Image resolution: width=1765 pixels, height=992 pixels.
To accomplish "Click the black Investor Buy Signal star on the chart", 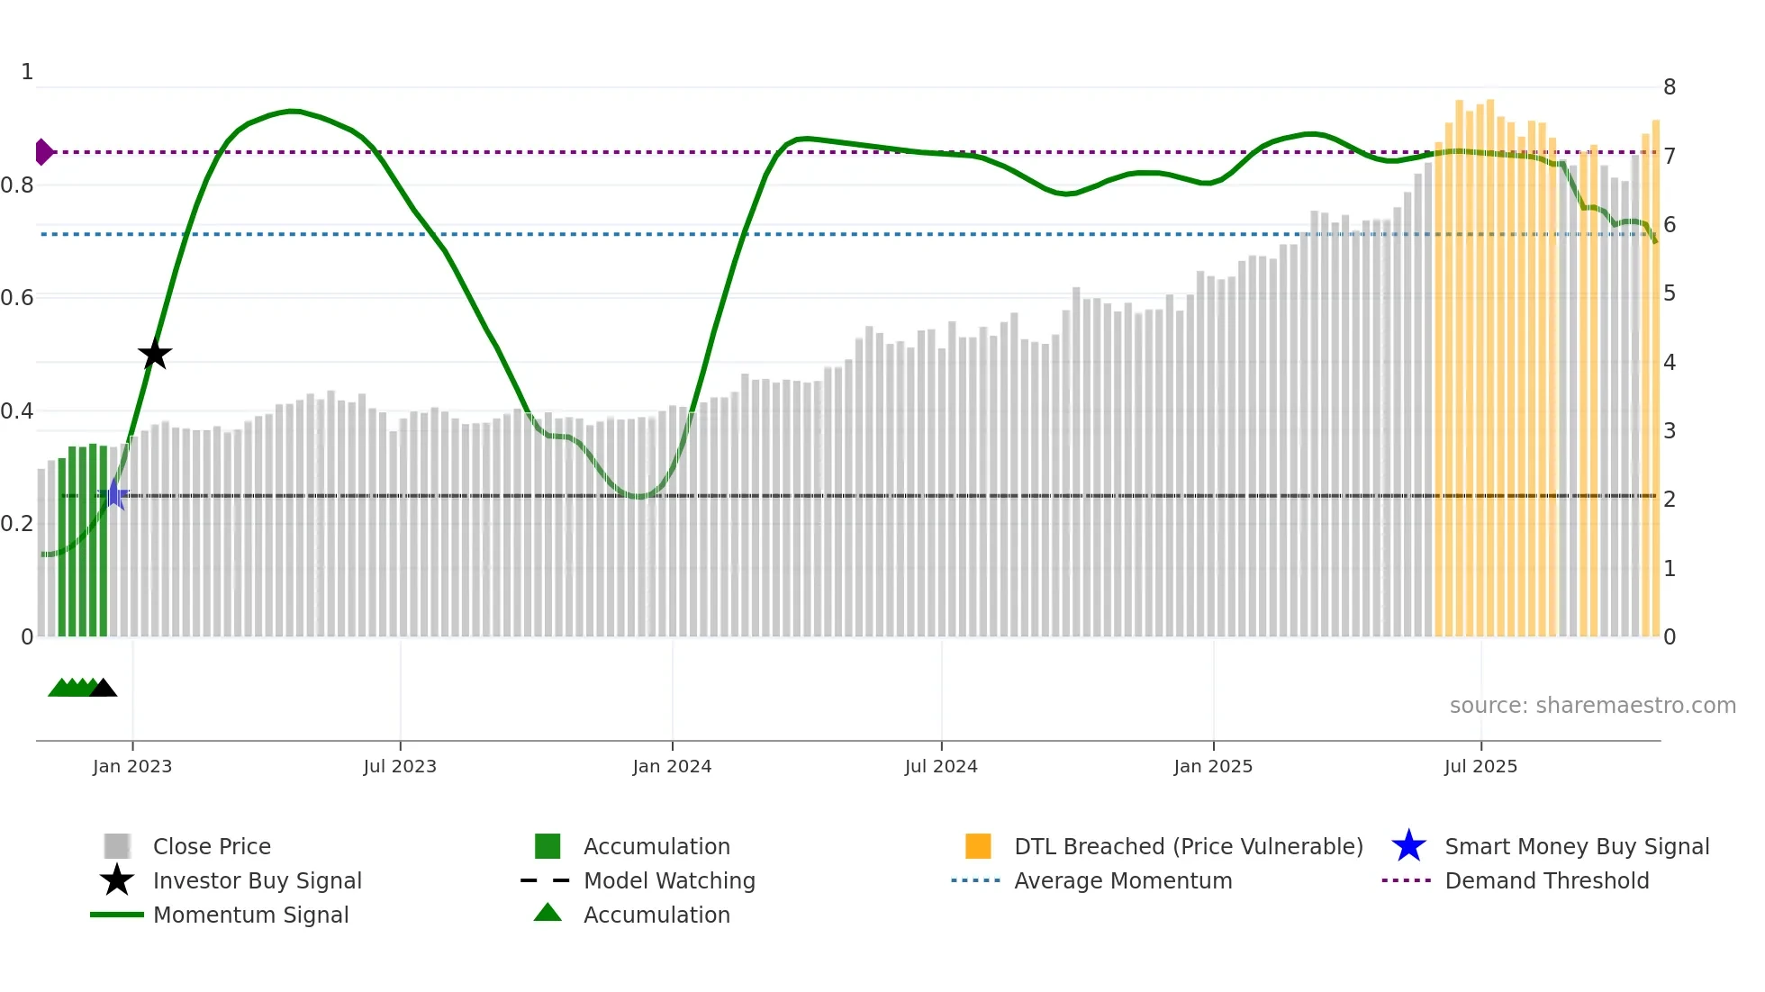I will [155, 354].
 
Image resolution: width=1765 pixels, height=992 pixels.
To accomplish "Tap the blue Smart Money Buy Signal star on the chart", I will [114, 494].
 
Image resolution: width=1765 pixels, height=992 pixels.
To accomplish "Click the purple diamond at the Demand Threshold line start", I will [43, 152].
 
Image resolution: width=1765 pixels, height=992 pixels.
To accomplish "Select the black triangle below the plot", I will [104, 689].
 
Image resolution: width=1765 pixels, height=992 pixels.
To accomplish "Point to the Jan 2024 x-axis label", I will [672, 766].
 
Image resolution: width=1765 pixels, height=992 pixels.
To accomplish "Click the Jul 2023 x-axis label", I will [400, 766].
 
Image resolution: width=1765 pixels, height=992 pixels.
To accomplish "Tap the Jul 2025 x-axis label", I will [1480, 766].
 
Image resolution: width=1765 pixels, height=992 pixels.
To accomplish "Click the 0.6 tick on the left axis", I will [18, 297].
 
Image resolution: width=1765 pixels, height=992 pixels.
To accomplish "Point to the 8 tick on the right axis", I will [1670, 87].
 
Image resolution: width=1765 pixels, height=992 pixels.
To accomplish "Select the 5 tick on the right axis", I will [1670, 293].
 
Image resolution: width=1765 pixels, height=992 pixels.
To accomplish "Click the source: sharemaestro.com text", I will [1592, 705].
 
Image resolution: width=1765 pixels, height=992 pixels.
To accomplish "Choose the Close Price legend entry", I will [212, 846].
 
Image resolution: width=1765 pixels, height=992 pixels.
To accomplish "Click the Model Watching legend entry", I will [669, 880].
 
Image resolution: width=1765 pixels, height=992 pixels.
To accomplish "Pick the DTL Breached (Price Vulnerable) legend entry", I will [1188, 846].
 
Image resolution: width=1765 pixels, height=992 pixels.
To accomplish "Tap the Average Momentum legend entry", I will [1123, 880].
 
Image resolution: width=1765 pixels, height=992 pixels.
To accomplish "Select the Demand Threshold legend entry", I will [1546, 880].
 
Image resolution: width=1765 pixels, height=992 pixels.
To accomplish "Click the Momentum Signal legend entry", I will [250, 915].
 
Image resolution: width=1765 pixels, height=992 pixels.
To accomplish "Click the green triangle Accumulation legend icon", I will [548, 913].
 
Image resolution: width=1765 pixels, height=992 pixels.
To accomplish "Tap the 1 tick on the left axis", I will [27, 72].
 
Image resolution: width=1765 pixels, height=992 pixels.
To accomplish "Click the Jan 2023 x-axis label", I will [132, 766].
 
